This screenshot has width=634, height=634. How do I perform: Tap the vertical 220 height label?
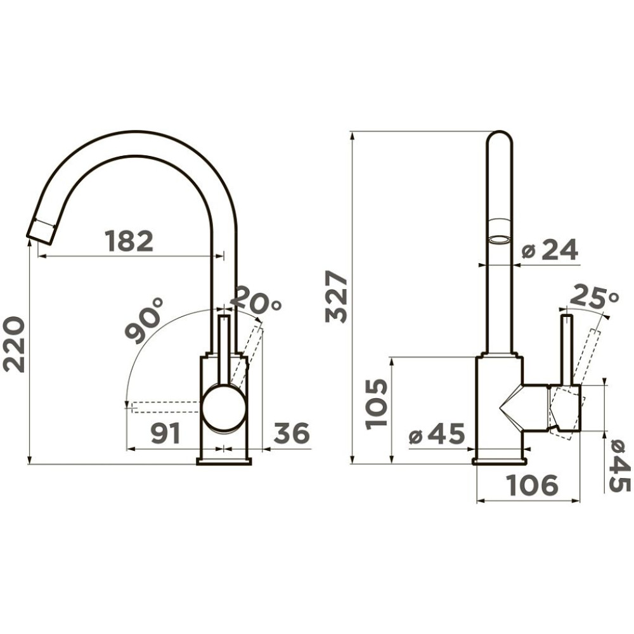pos(14,344)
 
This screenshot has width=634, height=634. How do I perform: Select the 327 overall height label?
pos(337,297)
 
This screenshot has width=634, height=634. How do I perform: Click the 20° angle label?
pos(256,300)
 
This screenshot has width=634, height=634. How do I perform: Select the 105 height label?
pos(376,403)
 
